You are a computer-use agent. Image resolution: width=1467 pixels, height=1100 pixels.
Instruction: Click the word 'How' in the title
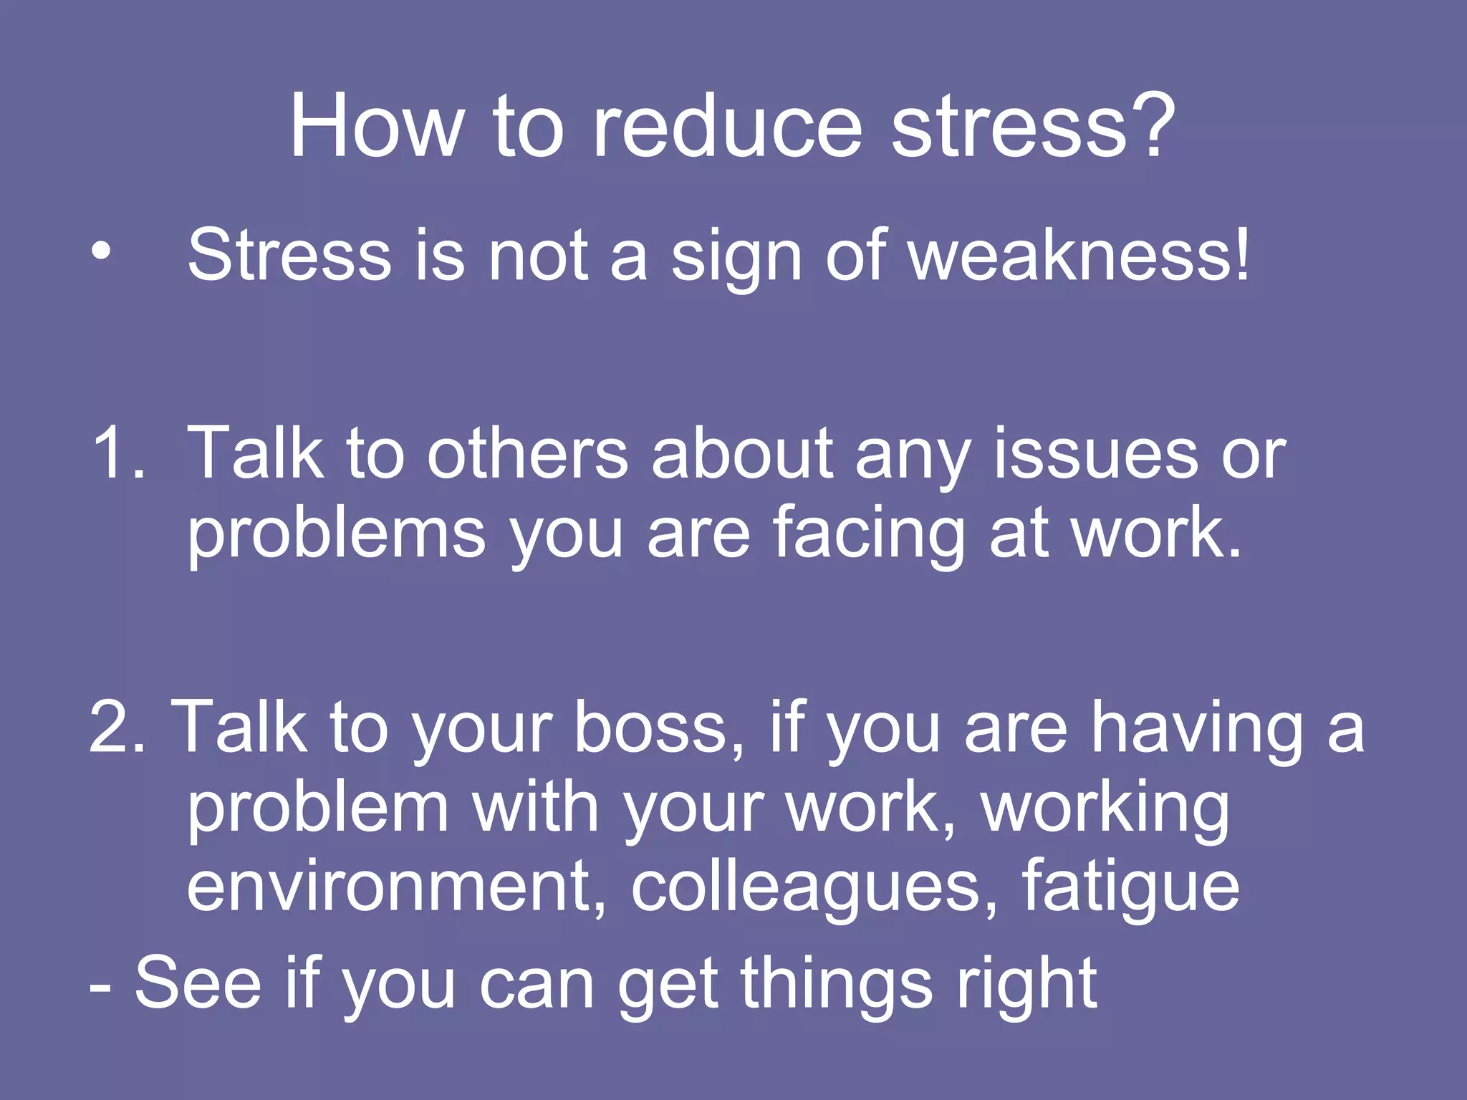pyautogui.click(x=375, y=127)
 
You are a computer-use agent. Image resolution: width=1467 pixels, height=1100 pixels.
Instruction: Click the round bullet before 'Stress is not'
pyautogui.click(x=102, y=252)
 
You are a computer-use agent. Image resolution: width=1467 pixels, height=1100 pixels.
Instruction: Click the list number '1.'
pyautogui.click(x=117, y=453)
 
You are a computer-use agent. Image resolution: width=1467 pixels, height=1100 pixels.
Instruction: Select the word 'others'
pyautogui.click(x=527, y=453)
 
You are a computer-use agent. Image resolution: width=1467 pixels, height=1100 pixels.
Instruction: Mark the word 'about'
pyautogui.click(x=741, y=453)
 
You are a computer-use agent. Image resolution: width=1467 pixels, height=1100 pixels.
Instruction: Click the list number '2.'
pyautogui.click(x=117, y=728)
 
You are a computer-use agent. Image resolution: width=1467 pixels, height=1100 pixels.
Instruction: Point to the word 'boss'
pyautogui.click(x=658, y=728)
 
